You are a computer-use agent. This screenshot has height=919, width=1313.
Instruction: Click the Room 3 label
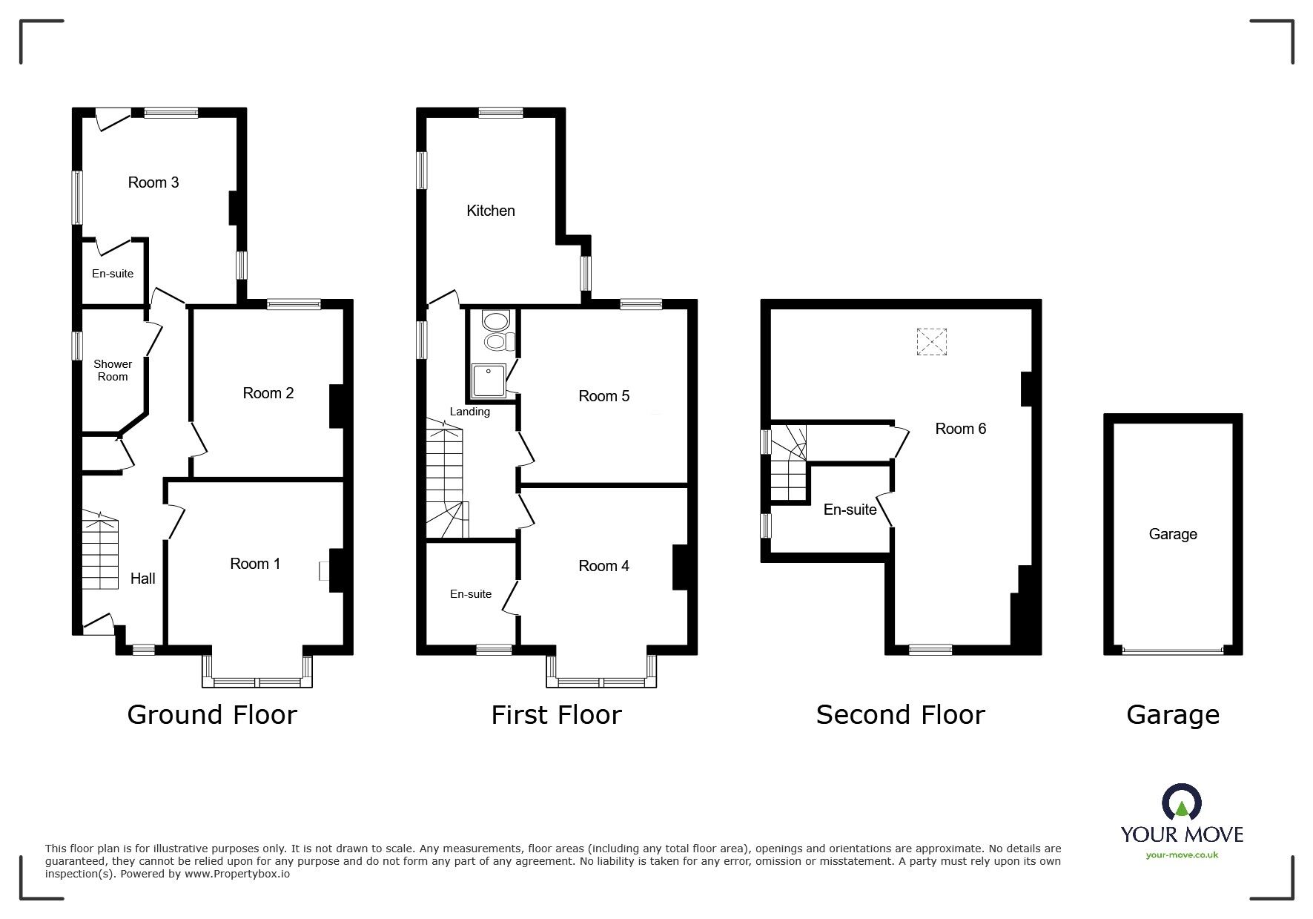pos(153,182)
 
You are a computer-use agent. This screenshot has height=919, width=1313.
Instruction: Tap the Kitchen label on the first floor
pos(490,211)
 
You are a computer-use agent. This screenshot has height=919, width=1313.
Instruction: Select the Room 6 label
pos(960,429)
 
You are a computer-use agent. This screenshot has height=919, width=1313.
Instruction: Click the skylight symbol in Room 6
pos(932,342)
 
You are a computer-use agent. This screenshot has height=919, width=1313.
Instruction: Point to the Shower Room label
pos(113,370)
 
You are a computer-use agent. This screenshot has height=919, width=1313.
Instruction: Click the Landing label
pos(470,412)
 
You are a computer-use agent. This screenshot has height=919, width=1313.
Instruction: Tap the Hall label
pos(143,579)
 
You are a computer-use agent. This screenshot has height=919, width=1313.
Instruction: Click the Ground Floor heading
pos(212,715)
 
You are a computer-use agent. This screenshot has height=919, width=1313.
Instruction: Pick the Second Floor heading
pos(900,715)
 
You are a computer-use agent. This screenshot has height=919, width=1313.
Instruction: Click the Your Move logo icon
pos(1181,803)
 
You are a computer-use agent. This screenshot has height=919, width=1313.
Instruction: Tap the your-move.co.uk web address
pos(1182,855)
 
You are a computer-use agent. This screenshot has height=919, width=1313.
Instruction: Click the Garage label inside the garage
pos(1173,534)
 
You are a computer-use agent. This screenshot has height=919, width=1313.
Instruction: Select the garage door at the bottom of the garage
pos(1173,650)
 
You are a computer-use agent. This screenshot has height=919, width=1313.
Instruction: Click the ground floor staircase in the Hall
pos(99,550)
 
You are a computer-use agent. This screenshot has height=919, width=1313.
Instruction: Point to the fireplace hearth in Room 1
pos(324,570)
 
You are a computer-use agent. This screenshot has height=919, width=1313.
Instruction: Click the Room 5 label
pos(603,396)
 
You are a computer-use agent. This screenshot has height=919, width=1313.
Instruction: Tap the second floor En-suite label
pos(850,510)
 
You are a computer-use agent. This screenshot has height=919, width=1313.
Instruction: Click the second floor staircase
pos(788,463)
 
